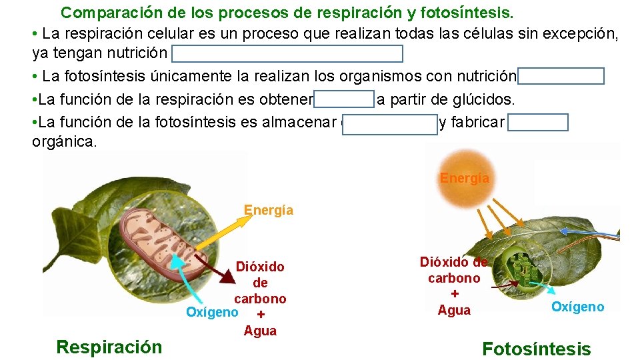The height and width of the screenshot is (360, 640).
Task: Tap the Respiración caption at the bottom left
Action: pos(109,347)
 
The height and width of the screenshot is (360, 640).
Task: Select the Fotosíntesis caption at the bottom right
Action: pos(536,349)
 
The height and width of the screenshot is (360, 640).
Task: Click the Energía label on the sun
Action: pos(465,178)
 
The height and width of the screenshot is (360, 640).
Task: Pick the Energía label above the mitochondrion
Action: pos(268,210)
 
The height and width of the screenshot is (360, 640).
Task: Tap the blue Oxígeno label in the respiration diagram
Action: pos(212,312)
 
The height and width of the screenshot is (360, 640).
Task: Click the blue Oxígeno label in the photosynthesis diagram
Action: pos(577,307)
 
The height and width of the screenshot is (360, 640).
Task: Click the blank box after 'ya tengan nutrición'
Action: pos(287,53)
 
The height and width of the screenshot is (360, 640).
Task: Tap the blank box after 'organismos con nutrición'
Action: pos(561,76)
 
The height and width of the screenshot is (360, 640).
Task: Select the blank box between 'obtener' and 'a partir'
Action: pos(344,100)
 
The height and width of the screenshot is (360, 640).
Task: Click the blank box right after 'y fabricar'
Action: pos(537,123)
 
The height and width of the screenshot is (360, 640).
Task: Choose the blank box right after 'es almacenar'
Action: pos(389,123)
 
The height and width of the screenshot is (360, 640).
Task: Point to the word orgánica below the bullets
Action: pos(64,143)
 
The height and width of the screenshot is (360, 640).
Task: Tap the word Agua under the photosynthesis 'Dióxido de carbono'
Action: pos(454,310)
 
